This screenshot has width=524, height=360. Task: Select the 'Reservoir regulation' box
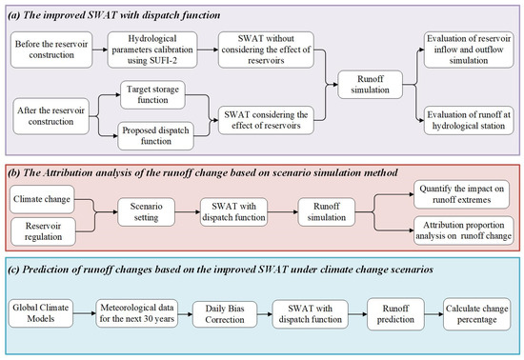(x=48, y=230)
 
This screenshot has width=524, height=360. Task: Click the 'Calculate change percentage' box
(x=475, y=312)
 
